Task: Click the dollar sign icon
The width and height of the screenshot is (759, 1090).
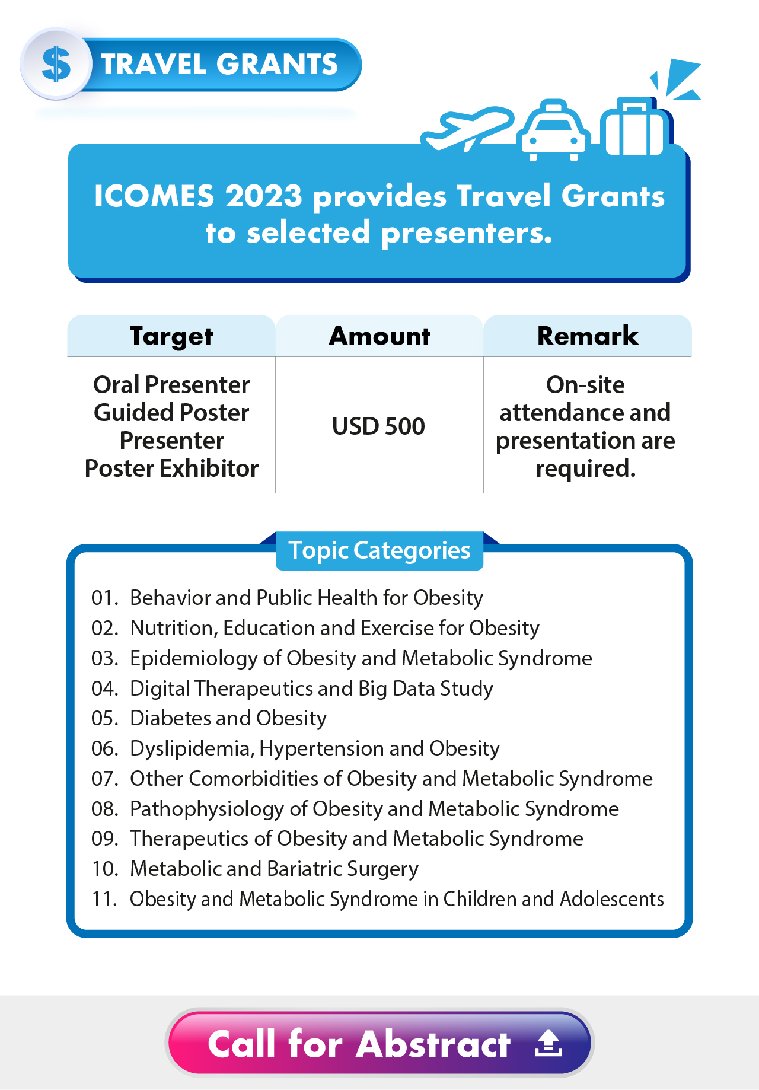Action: click(56, 64)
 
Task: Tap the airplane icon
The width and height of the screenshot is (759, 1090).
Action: click(466, 128)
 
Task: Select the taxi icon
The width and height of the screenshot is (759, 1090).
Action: click(553, 130)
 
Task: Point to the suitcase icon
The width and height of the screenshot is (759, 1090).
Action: click(633, 127)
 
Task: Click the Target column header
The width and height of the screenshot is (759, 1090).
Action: click(171, 336)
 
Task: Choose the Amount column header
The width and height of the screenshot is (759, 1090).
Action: click(379, 336)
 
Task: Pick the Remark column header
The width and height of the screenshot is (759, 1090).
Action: click(588, 336)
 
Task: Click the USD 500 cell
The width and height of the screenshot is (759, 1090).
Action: click(378, 426)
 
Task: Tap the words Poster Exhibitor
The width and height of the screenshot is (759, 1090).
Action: click(171, 468)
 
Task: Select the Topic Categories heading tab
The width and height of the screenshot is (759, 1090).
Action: click(379, 550)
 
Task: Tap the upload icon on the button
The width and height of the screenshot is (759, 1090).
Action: click(548, 1043)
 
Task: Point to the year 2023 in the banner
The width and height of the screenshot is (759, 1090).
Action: click(263, 196)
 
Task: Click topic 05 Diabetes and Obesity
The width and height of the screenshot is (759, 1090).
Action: click(228, 718)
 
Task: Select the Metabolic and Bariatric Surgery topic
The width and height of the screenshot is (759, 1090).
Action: click(274, 869)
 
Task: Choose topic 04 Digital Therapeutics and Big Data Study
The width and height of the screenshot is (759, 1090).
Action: click(311, 689)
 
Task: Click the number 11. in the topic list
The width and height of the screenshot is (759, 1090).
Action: click(104, 899)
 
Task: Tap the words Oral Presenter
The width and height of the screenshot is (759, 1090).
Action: click(171, 385)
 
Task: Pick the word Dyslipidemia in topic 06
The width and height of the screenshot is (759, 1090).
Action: click(192, 748)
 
